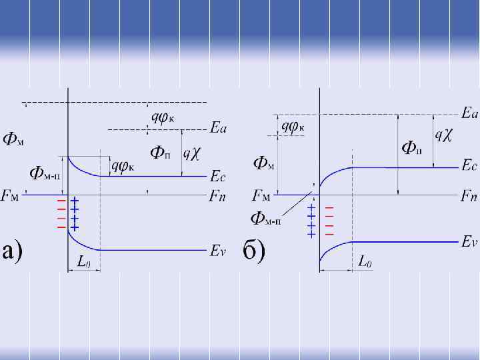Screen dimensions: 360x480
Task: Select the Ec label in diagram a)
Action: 219,177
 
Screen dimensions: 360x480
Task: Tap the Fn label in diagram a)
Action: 219,196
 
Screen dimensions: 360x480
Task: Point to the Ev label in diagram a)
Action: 219,251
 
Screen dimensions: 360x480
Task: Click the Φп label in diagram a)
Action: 159,153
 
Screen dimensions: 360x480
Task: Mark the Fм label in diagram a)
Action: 14,196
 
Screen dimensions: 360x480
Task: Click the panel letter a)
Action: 14,251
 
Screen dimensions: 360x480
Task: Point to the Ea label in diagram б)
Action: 469,114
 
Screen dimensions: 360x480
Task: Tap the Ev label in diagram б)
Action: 469,242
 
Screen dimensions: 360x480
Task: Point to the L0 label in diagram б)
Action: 365,261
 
